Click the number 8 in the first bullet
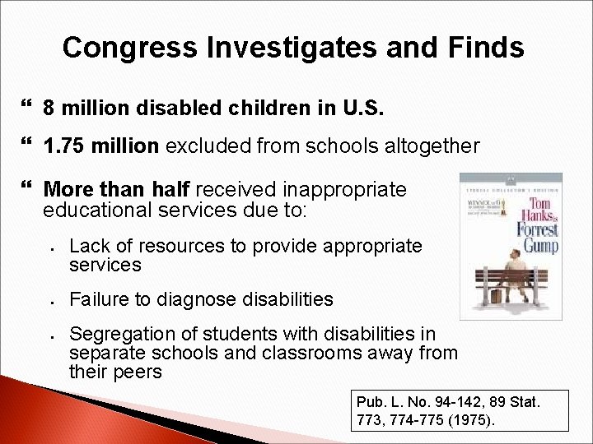click(49, 109)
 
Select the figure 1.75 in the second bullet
click(64, 146)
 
